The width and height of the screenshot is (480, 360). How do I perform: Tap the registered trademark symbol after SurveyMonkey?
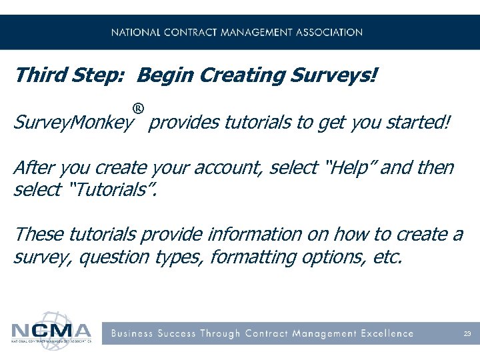pyautogui.click(x=138, y=108)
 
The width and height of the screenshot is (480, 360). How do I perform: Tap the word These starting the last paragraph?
pyautogui.click(x=39, y=234)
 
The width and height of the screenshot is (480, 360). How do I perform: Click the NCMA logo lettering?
pyautogui.click(x=51, y=331)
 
